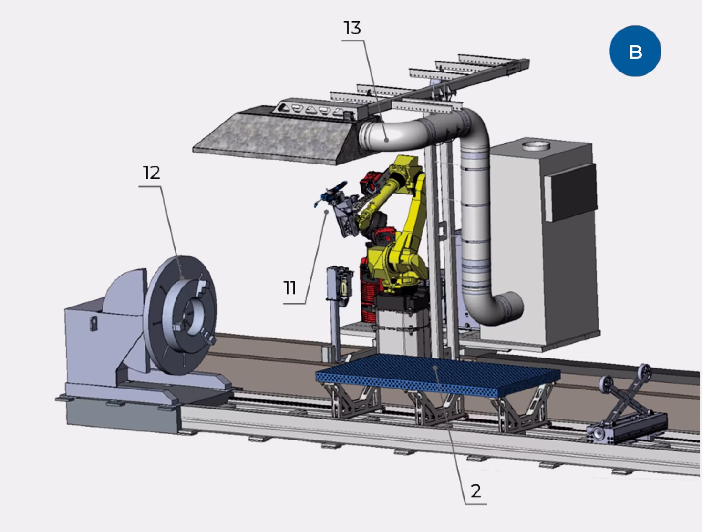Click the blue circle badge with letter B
[x=635, y=51]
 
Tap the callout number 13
[x=352, y=29]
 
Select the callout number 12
[x=152, y=173]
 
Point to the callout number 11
[x=290, y=288]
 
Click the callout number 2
[x=475, y=491]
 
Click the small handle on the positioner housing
[x=93, y=323]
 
